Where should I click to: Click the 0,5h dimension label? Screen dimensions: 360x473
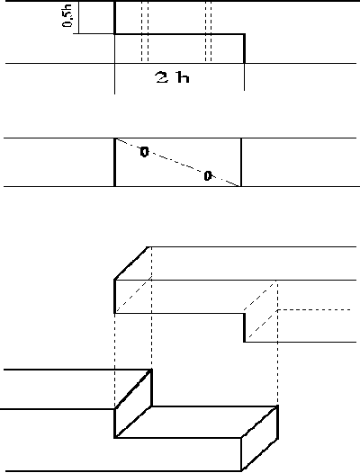pos(67,16)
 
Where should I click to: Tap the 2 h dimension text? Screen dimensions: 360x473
pos(173,77)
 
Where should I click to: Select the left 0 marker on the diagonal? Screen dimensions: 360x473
pos(145,152)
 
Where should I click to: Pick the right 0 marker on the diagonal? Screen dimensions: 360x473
pos(208,176)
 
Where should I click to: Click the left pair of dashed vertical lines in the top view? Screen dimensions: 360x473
pos(145,31)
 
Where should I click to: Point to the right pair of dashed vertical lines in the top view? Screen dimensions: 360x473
pos(208,31)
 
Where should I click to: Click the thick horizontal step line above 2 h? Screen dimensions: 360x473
pos(179,34)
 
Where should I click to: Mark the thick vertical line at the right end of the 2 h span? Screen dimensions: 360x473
pos(244,49)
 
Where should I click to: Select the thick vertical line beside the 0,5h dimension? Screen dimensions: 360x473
pos(115,17)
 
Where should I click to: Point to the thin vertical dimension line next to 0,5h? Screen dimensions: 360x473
pos(78,17)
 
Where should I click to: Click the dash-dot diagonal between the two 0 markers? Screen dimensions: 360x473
pos(178,163)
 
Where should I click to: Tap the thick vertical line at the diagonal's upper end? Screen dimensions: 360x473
pos(115,162)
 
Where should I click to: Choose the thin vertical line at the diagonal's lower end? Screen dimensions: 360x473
pos(241,162)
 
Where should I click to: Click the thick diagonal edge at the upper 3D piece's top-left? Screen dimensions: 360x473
pos(131,263)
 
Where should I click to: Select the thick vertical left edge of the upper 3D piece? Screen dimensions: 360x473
pos(115,297)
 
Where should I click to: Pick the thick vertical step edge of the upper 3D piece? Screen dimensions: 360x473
pos(244,327)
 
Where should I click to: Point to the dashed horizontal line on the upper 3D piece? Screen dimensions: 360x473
pos(314,310)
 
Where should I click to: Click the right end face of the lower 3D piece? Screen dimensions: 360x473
pos(259,438)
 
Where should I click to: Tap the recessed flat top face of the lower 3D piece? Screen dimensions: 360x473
pos(196,422)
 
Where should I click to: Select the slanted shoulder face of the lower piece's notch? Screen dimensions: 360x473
pos(133,404)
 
